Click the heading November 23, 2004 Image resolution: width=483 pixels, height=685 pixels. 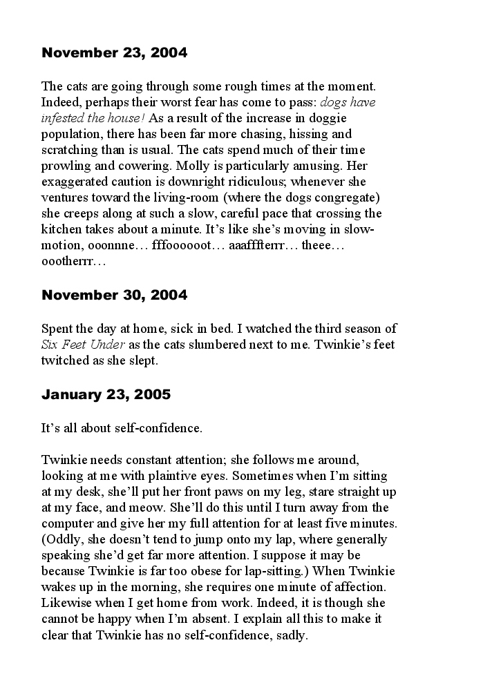coord(114,52)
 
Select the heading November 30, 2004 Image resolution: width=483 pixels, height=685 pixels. coord(114,295)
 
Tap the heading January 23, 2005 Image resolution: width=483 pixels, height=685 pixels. coord(106,395)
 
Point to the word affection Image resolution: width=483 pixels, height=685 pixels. coord(360,587)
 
